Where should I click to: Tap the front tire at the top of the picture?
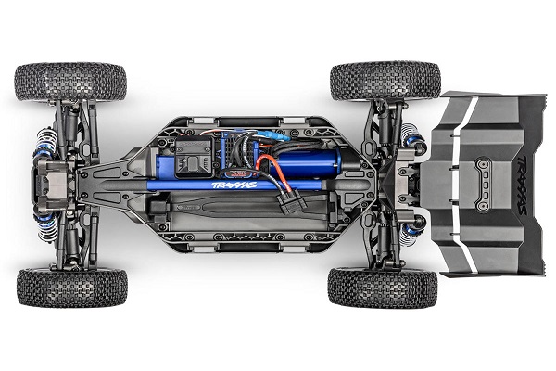[x=71, y=82]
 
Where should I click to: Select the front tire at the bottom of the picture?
[x=71, y=287]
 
